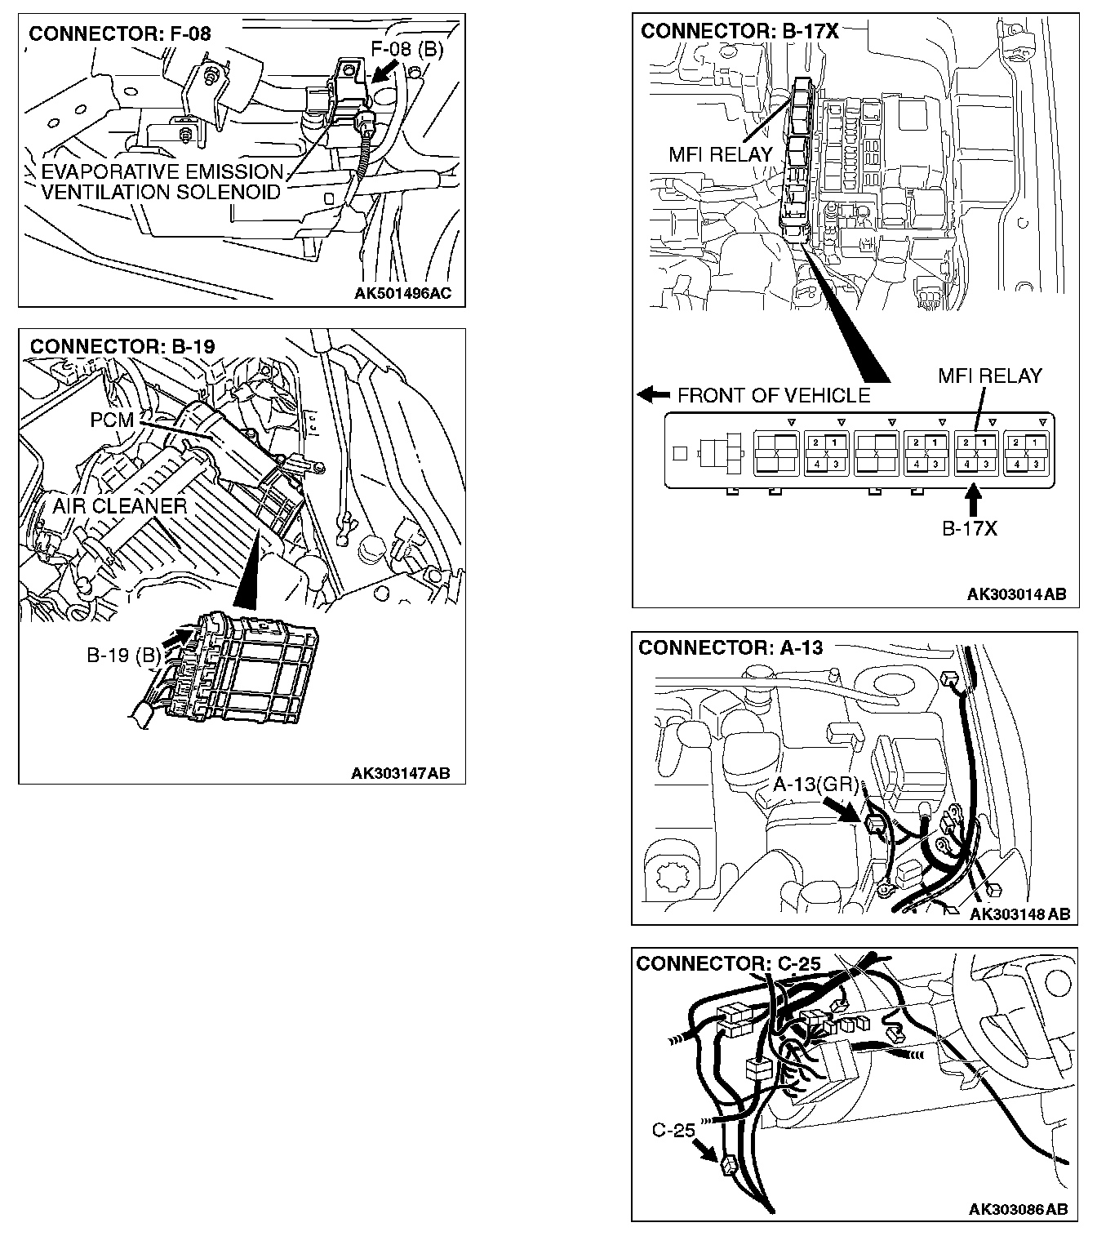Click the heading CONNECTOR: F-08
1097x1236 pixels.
120,33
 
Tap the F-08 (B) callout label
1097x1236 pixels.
406,50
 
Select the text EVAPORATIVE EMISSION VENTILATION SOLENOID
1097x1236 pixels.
161,182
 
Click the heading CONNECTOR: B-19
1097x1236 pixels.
122,346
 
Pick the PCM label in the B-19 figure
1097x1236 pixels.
112,421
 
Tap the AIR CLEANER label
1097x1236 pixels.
120,506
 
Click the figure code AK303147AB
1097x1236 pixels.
401,773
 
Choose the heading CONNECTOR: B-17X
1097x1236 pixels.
739,31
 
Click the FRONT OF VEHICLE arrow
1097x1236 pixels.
654,395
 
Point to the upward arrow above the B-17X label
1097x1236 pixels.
972,499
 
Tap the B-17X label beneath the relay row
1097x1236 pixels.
970,528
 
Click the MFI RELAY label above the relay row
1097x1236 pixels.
989,376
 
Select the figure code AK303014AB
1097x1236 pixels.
1016,594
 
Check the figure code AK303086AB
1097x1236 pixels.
1018,1209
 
